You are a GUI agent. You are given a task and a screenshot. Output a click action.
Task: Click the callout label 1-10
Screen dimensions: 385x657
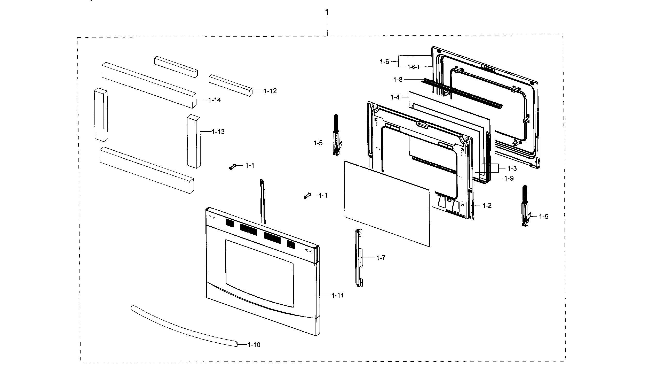click(x=254, y=345)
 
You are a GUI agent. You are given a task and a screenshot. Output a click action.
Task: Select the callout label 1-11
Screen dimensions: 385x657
click(x=338, y=296)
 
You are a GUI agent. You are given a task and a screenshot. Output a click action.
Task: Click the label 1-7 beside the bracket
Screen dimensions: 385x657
click(x=381, y=258)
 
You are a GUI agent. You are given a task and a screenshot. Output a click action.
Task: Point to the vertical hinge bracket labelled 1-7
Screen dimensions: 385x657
click(x=359, y=258)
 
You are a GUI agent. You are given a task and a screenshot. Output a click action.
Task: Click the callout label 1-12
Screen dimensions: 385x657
click(x=270, y=91)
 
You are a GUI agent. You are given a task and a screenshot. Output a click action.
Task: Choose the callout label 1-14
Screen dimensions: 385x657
click(x=214, y=100)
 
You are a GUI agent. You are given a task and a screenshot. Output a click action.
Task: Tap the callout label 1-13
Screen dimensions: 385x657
click(x=218, y=132)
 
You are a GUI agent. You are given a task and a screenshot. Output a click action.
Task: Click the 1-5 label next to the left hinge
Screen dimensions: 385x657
click(x=318, y=143)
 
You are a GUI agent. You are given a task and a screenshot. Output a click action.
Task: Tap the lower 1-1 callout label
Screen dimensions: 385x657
click(x=323, y=195)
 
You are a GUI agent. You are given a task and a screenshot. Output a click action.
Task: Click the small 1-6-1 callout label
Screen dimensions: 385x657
click(x=414, y=67)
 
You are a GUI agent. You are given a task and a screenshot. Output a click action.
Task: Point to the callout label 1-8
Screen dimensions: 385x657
click(x=398, y=80)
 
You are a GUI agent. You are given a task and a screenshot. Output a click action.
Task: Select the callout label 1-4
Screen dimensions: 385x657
click(x=395, y=97)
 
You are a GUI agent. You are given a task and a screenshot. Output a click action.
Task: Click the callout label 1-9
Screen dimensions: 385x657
click(x=509, y=178)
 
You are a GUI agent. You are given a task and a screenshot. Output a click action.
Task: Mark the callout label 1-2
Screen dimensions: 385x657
click(x=487, y=205)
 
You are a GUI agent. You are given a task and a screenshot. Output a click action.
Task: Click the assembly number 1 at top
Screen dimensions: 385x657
click(x=327, y=12)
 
